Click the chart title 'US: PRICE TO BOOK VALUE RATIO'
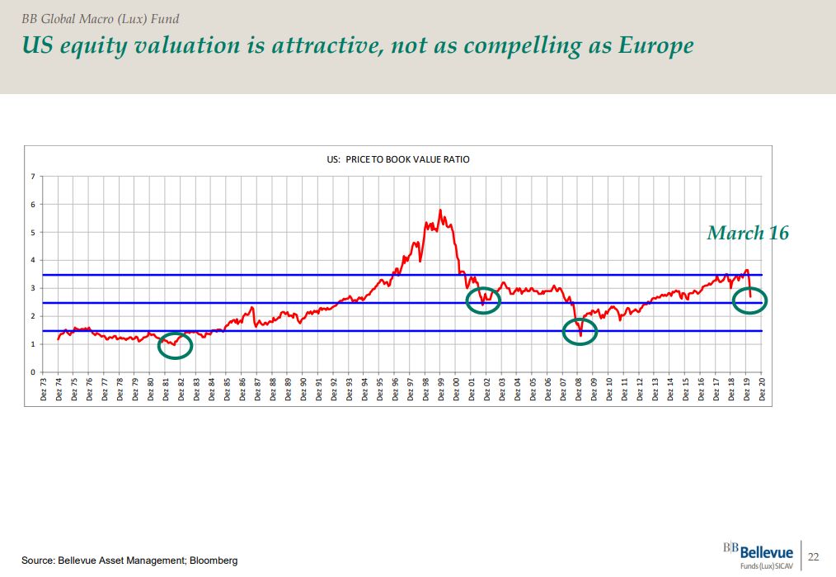pyautogui.click(x=398, y=159)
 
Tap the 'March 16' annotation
pyautogui.click(x=747, y=233)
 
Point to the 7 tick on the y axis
pyautogui.click(x=33, y=177)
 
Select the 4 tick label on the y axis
pyautogui.click(x=33, y=260)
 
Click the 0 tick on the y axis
pyautogui.click(x=33, y=372)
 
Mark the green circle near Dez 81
pyautogui.click(x=175, y=345)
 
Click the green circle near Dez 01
pyautogui.click(x=483, y=300)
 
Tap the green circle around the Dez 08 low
pyautogui.click(x=580, y=331)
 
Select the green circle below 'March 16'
pyautogui.click(x=750, y=300)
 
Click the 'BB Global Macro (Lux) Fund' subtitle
pyautogui.click(x=100, y=19)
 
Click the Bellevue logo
pyautogui.click(x=758, y=554)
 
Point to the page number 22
pyautogui.click(x=813, y=556)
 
